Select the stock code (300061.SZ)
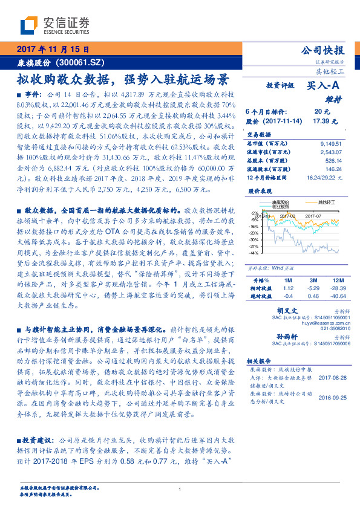coord(83,62)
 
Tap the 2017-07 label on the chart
coord(313,215)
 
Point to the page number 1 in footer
coord(180,488)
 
